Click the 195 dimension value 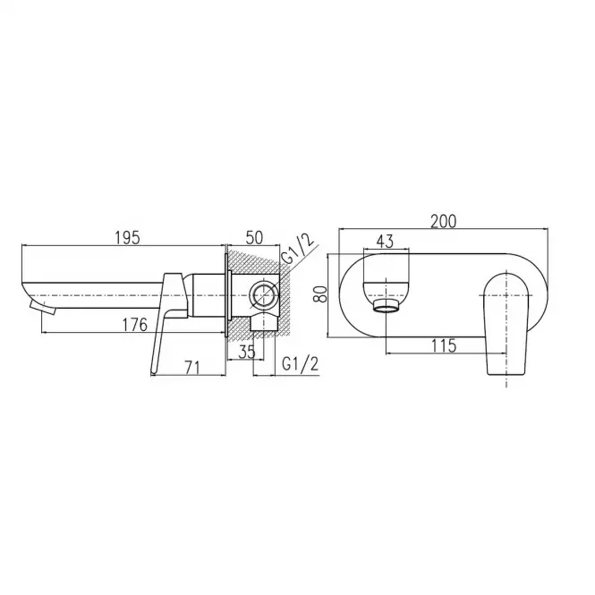pyautogui.click(x=127, y=237)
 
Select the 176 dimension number pyautogui.click(x=135, y=325)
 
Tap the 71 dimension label pyautogui.click(x=192, y=368)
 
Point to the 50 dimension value pyautogui.click(x=254, y=238)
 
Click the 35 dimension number pyautogui.click(x=247, y=353)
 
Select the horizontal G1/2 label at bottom pyautogui.click(x=300, y=364)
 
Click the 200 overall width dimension pyautogui.click(x=443, y=221)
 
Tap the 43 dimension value pyautogui.click(x=386, y=242)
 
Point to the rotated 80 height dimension pyautogui.click(x=320, y=293)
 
